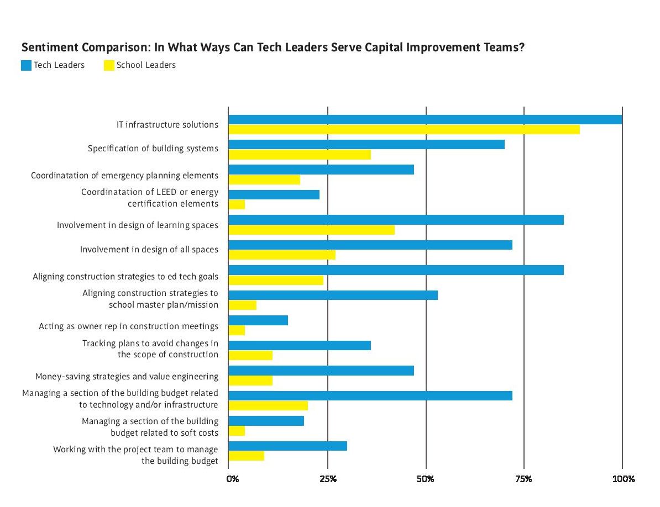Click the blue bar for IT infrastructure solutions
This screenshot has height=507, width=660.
pos(425,119)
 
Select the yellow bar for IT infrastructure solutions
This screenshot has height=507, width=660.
pos(404,129)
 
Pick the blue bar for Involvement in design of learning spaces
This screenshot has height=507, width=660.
pos(396,220)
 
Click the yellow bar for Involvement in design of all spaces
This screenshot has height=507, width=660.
pos(282,255)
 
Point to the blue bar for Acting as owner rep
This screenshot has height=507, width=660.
pos(258,320)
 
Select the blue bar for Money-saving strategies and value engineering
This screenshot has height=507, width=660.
pos(321,371)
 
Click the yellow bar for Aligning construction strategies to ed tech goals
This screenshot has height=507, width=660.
pos(276,280)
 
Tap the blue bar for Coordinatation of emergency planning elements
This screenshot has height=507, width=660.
pos(321,170)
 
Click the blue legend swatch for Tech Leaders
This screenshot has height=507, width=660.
pos(26,66)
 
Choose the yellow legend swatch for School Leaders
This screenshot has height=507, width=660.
pos(109,66)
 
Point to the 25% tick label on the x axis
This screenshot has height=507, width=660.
pos(328,479)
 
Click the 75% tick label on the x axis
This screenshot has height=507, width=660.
pos(524,479)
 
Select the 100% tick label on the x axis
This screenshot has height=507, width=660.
pos(623,479)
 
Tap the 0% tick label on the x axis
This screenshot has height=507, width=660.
pos(233,479)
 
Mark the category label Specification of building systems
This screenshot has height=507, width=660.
pos(153,149)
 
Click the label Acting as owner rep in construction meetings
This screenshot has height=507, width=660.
pos(128,326)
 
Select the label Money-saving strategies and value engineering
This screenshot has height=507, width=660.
pos(127,377)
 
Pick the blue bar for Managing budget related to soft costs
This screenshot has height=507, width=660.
pos(266,421)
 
